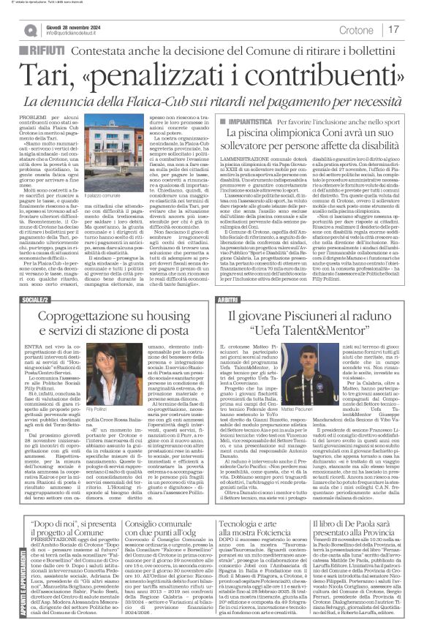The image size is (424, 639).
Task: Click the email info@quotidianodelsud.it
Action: coord(77,34)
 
